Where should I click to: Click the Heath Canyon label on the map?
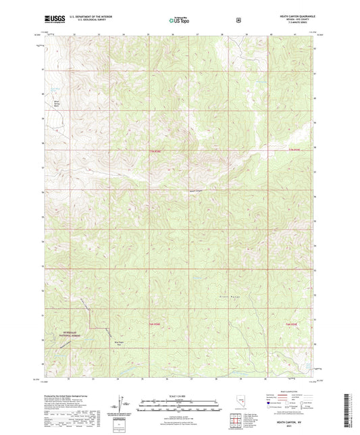195,191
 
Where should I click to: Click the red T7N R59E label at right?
293,149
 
